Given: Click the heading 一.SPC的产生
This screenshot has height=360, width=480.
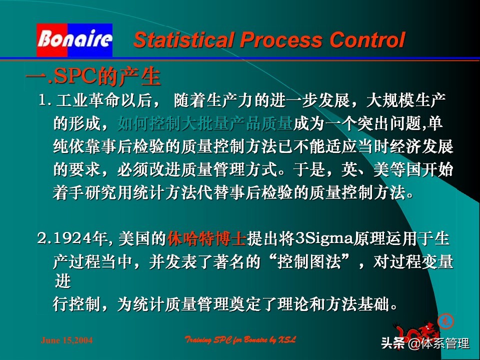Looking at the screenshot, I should pos(93,77).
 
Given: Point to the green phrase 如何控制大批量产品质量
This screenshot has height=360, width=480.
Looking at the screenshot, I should pos(204,123).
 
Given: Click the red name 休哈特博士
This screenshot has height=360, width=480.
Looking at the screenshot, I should pos(206,239).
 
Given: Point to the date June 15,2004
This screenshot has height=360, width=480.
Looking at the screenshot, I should pos(66,340).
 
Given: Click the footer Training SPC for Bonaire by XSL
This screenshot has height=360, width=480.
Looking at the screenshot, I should pos(240,340).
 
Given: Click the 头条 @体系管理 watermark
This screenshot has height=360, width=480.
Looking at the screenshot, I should pos(425,343).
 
